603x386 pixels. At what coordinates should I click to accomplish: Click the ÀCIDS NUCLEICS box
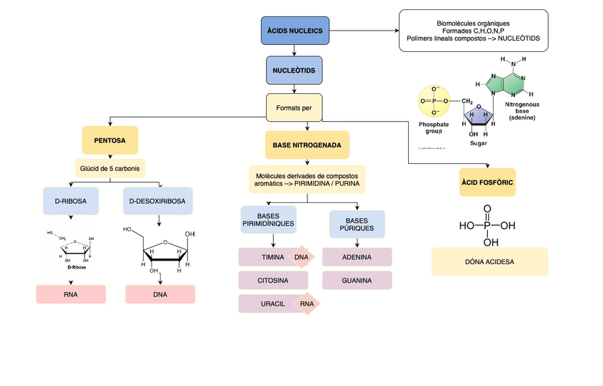click(x=294, y=31)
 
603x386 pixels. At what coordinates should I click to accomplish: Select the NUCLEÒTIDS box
click(x=294, y=71)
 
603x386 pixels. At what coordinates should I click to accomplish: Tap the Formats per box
click(x=294, y=108)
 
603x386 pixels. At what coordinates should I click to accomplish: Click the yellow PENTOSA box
click(x=110, y=141)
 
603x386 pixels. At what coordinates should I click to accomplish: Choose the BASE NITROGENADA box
click(x=306, y=145)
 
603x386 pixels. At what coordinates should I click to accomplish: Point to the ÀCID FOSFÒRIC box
click(x=487, y=183)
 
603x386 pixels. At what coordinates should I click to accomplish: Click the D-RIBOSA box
click(x=70, y=202)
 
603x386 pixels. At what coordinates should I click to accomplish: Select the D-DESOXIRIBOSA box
click(x=157, y=202)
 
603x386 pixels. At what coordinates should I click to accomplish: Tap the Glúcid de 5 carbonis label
click(x=110, y=168)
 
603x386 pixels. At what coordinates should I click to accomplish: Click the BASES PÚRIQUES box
click(x=357, y=224)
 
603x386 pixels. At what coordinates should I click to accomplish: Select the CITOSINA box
click(x=272, y=281)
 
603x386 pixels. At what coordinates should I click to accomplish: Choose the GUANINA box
click(x=357, y=281)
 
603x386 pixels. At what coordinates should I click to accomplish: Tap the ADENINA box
click(x=357, y=257)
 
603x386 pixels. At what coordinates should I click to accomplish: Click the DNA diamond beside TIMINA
click(x=301, y=257)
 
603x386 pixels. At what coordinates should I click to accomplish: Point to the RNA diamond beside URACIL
click(x=306, y=304)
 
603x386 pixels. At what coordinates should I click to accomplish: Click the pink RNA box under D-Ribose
click(x=70, y=294)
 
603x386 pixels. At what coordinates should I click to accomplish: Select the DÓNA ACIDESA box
click(x=489, y=261)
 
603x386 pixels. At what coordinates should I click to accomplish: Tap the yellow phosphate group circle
click(x=434, y=102)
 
